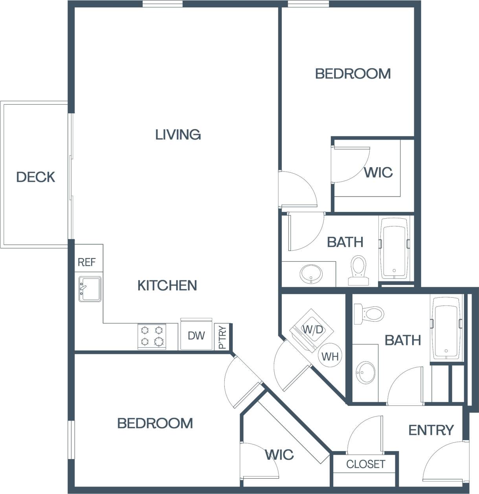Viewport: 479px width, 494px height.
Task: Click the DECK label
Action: (x=35, y=177)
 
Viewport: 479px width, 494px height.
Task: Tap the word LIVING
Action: (x=178, y=135)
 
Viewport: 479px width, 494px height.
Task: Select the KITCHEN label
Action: (x=167, y=285)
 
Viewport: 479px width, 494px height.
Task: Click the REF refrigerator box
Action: (x=86, y=262)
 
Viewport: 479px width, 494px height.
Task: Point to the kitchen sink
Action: (x=90, y=289)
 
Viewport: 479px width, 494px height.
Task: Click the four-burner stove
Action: (x=152, y=336)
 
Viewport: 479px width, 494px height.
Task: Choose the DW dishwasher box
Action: (x=196, y=335)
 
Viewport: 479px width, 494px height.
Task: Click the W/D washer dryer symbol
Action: (x=312, y=329)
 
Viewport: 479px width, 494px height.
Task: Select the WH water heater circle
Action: (x=330, y=356)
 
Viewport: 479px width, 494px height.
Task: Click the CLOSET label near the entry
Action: (x=365, y=464)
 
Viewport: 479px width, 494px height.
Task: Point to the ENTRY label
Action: (x=431, y=430)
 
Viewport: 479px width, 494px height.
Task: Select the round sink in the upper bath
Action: (x=311, y=273)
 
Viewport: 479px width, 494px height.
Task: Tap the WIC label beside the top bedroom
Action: (x=378, y=172)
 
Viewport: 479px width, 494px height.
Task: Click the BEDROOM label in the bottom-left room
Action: (x=155, y=423)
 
